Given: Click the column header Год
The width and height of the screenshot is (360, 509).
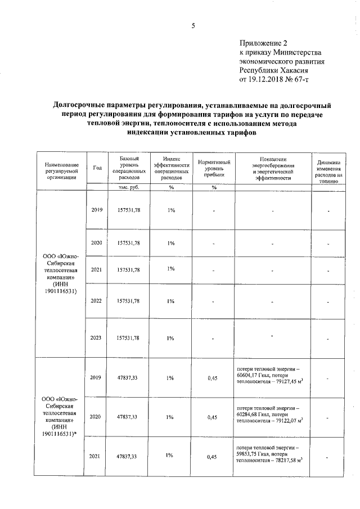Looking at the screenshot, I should pos(97,168).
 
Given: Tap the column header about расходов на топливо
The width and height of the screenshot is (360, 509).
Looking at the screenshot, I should pos(329,171).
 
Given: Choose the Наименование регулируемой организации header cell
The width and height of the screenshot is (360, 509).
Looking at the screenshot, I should pos(62,168).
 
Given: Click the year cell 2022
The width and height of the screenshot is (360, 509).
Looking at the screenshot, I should pos(96,301).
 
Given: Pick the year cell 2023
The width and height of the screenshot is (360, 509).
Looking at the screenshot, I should pos(96,337).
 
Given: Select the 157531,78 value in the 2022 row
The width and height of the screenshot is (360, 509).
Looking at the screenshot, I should pos(128,301).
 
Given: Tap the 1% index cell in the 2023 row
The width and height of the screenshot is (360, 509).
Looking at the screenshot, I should pos(171,337).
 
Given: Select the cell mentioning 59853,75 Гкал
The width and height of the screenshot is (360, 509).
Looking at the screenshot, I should pos(272,456).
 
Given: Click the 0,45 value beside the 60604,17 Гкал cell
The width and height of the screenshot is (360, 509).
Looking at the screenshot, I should pos(212,378).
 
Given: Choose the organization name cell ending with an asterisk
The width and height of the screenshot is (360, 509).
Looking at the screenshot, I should pos(62,416).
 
